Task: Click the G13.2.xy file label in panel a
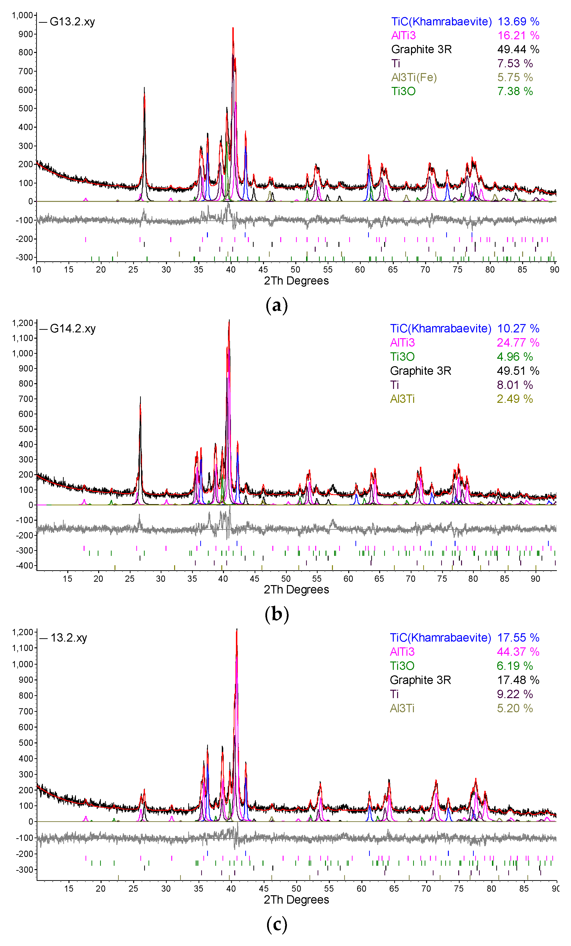click(72, 22)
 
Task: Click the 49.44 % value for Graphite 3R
click(518, 50)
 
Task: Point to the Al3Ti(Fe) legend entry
click(414, 78)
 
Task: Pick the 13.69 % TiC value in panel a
click(518, 22)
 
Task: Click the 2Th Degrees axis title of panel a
click(296, 281)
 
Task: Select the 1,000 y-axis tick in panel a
click(22, 15)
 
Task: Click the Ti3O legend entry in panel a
click(403, 91)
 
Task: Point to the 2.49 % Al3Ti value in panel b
click(514, 399)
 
